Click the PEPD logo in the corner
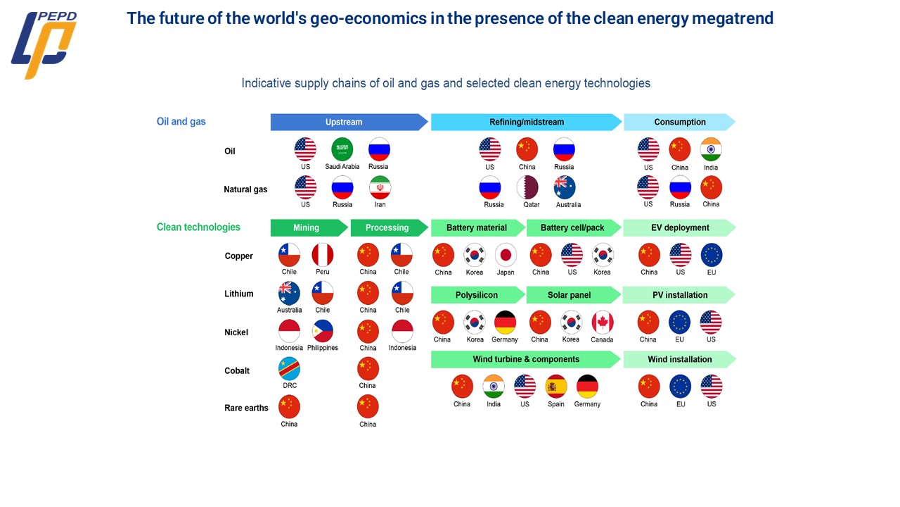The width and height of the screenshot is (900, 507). tap(44, 44)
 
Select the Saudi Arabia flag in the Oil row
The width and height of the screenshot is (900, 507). tap(342, 149)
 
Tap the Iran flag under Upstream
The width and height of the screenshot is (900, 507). tap(380, 187)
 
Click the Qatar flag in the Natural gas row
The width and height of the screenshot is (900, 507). tap(527, 187)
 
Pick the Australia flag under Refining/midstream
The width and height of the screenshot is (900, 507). tap(565, 187)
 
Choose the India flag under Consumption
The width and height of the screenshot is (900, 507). tap(711, 149)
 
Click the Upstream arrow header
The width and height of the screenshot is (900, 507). tap(345, 122)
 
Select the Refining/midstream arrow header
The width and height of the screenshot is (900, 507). tap(526, 122)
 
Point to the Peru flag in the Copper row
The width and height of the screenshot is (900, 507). tap(323, 255)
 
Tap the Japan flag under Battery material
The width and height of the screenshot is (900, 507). tap(506, 255)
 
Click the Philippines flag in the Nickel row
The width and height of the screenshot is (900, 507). tap(323, 331)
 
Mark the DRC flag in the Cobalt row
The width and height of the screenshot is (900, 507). tap(290, 369)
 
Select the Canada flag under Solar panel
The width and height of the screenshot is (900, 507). tap(602, 323)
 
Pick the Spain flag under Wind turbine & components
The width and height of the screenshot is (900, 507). tap(556, 387)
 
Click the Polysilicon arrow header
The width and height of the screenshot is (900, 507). tap(477, 295)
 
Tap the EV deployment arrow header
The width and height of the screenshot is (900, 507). tap(679, 227)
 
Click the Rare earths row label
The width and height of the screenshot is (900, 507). tap(246, 408)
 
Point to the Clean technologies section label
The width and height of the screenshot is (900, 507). tap(198, 227)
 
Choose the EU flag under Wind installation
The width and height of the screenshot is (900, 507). tap(680, 387)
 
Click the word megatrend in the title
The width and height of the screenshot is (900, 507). tap(733, 18)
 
